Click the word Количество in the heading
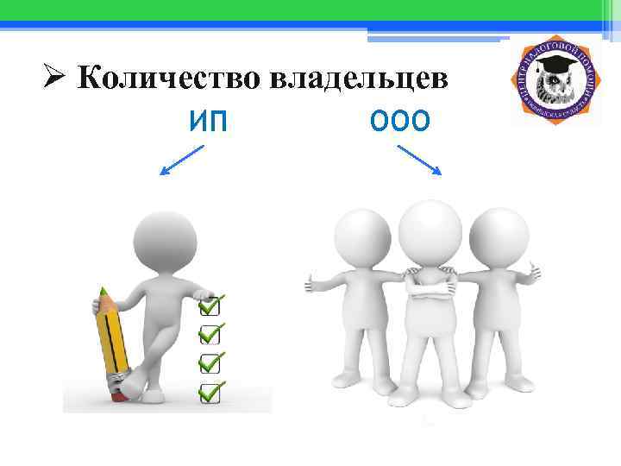pos(168,79)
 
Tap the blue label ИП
pos(208,123)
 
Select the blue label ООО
pos(398,123)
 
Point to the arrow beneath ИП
pos(182,161)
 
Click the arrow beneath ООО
pos(420,161)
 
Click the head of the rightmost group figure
pos(498,231)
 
